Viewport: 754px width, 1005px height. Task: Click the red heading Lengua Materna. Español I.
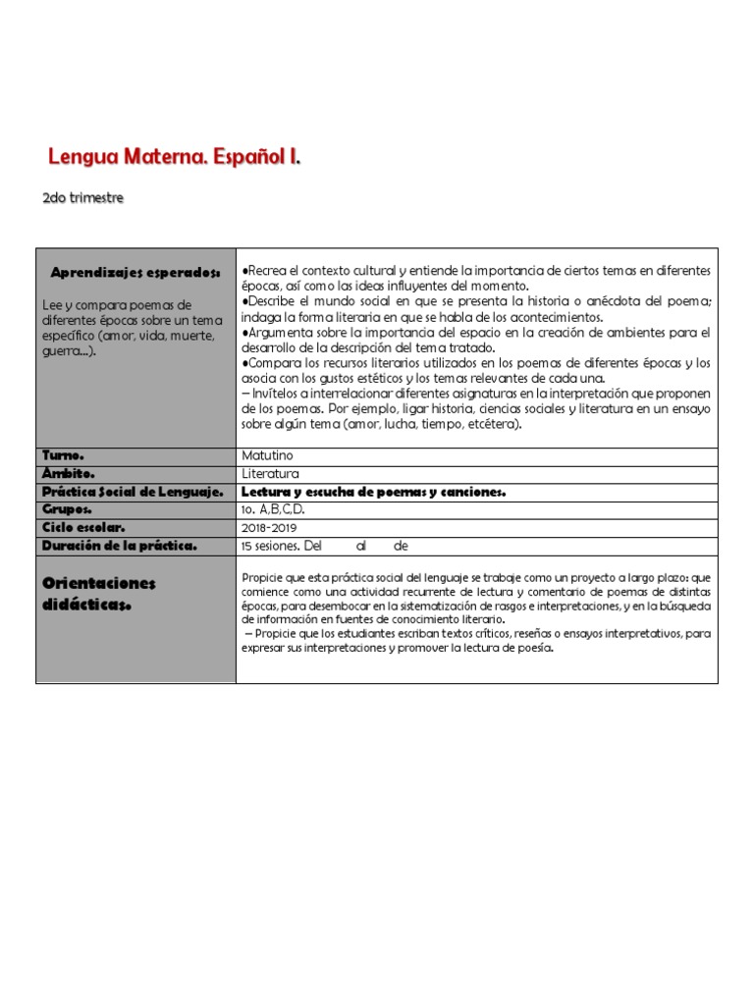(x=174, y=157)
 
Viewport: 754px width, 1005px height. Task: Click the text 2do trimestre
(x=83, y=198)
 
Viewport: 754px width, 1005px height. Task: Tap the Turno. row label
(x=64, y=455)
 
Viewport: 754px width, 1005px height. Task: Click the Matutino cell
(x=267, y=455)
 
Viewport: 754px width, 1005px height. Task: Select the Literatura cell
(x=270, y=473)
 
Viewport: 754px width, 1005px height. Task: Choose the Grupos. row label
(x=68, y=509)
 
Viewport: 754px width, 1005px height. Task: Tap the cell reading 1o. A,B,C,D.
(x=273, y=509)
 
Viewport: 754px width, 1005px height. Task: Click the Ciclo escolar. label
(x=83, y=527)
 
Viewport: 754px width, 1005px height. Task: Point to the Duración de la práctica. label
(x=120, y=545)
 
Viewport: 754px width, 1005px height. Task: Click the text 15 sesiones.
(x=270, y=545)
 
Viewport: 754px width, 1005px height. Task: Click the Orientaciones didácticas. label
(x=98, y=594)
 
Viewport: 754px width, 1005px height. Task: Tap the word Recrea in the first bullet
(x=267, y=270)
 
